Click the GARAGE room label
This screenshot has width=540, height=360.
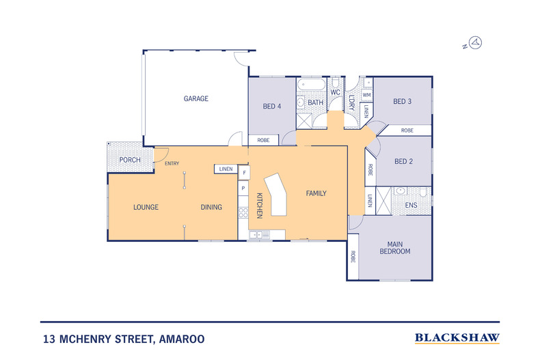click(x=196, y=99)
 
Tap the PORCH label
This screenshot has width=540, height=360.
click(x=130, y=160)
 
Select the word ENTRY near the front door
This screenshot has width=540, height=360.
click(x=172, y=163)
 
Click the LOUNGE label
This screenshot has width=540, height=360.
click(x=146, y=207)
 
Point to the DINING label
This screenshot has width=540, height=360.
click(x=211, y=207)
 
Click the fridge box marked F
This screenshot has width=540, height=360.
click(x=244, y=173)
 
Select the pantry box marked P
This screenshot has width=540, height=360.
click(x=243, y=189)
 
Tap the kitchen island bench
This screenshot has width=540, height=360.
click(x=275, y=195)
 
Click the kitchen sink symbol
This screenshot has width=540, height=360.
click(x=260, y=235)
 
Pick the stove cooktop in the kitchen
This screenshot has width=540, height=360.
click(x=243, y=212)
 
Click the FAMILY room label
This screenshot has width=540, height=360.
click(x=316, y=193)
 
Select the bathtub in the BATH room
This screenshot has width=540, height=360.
click(x=311, y=84)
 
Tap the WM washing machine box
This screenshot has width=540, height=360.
click(x=367, y=95)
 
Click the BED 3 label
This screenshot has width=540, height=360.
click(x=402, y=102)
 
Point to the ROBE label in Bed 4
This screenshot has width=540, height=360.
click(x=263, y=140)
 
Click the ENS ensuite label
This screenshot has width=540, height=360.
click(x=411, y=206)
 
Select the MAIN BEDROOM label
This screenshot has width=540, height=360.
click(x=395, y=248)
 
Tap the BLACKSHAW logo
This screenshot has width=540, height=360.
click(x=457, y=338)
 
